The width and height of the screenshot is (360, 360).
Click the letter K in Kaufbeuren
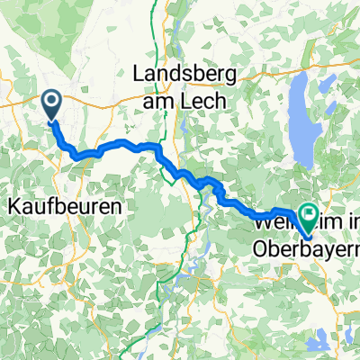click(14, 206)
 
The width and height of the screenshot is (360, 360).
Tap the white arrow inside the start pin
click(52, 103)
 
